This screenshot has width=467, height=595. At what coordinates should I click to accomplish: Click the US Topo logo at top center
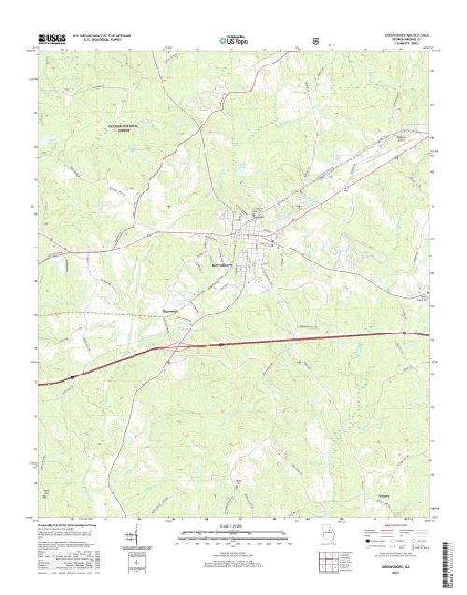[x=233, y=41]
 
